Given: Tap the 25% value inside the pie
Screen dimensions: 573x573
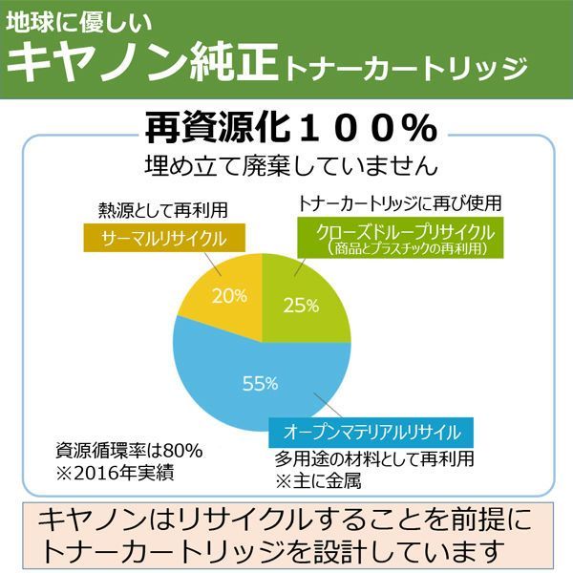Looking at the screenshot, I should pyautogui.click(x=302, y=306).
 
